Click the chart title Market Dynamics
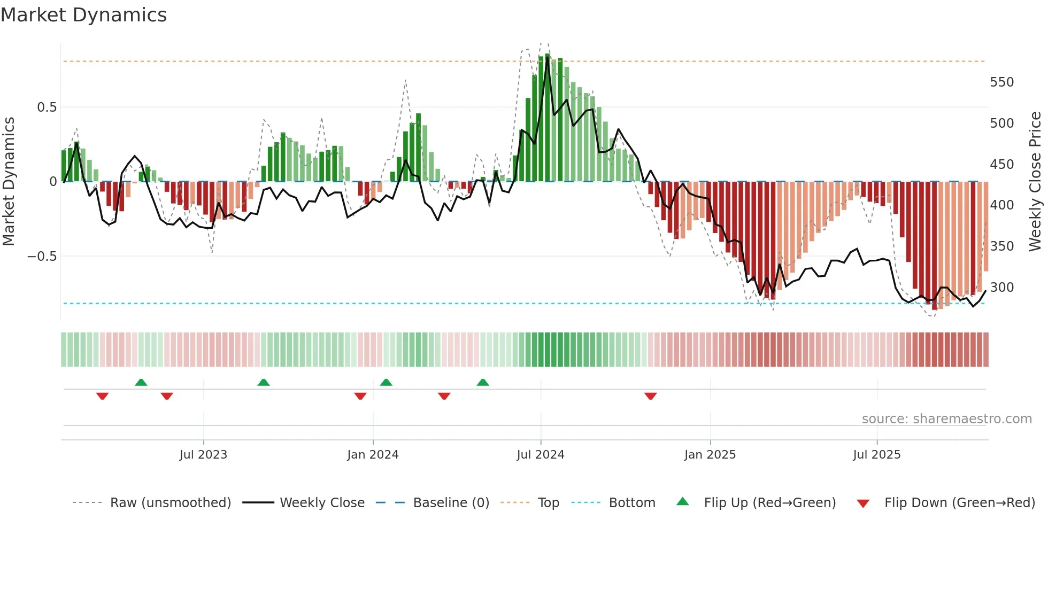coord(83,15)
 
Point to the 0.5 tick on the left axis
coord(47,107)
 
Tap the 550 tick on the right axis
coord(1001,82)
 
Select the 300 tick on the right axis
coord(1001,288)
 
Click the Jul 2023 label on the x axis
coord(203,455)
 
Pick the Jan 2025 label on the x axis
coord(710,455)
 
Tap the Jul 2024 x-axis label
coord(540,455)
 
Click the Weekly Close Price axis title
coord(1035,182)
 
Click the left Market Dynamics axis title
coord(9,182)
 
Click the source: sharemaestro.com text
coord(946,419)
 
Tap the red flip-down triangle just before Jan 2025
coord(650,396)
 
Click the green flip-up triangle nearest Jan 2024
coord(386,382)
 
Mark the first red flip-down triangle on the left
coord(103,396)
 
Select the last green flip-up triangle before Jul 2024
coord(483,382)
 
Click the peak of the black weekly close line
coord(547,57)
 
